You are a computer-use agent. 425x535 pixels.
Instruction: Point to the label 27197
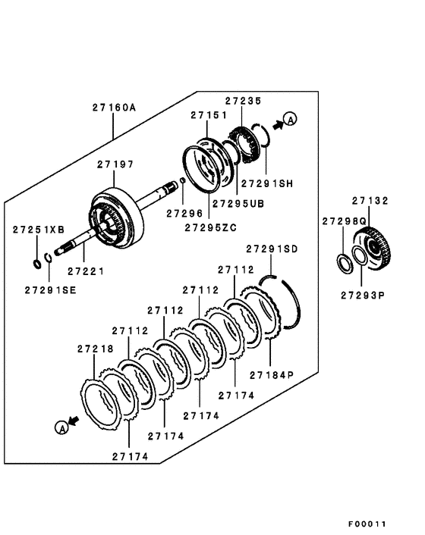tap(115, 164)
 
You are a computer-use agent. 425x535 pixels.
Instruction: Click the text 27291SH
tap(267, 183)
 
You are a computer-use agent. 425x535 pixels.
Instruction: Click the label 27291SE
tap(49, 289)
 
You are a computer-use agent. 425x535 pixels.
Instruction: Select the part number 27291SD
tap(272, 249)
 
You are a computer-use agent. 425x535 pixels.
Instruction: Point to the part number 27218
tap(95, 349)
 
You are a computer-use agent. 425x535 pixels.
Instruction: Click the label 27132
tap(370, 201)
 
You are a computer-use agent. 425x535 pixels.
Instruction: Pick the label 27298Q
tap(344, 221)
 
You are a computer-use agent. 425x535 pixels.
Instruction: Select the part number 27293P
tap(363, 295)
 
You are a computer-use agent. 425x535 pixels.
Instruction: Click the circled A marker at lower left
tap(60, 428)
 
